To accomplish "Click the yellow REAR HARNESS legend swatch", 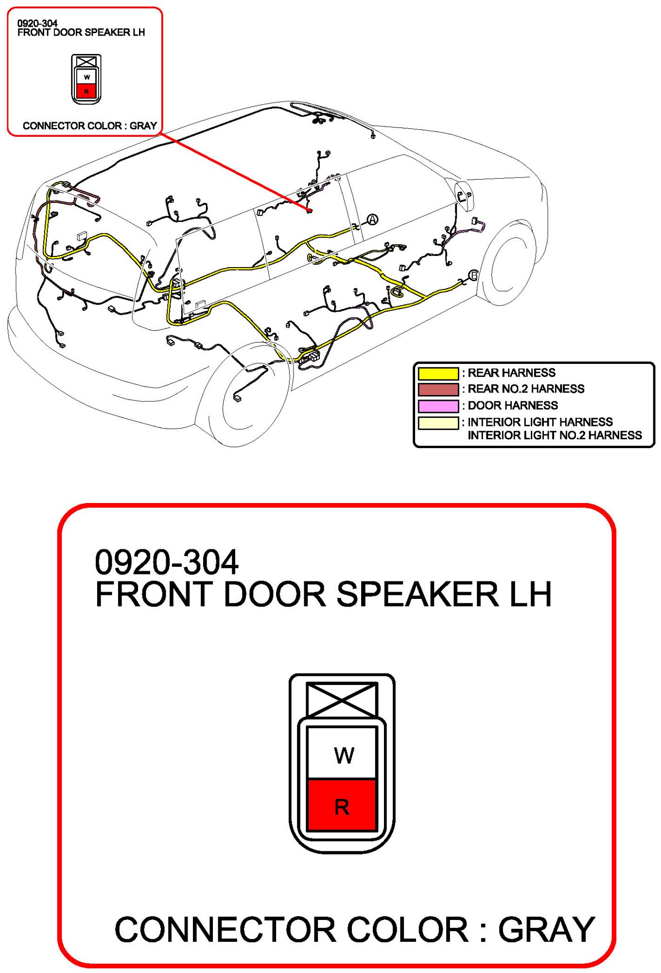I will click(438, 373).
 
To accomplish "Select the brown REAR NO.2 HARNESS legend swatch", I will click(438, 389).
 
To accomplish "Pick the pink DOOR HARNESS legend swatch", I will click(438, 406).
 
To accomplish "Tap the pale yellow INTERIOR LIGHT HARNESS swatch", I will click(438, 423).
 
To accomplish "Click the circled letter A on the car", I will click(372, 219).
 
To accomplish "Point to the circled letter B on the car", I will click(473, 276).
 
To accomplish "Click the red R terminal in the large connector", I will click(342, 807).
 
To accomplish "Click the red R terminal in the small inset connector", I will click(87, 91).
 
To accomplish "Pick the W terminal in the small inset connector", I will click(87, 77).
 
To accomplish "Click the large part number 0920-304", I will click(166, 562).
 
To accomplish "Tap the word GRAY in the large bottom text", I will click(546, 930).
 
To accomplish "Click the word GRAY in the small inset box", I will click(143, 126).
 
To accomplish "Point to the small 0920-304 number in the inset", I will click(37, 23).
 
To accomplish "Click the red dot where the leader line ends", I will click(309, 211).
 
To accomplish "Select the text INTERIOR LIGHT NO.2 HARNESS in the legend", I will click(555, 435).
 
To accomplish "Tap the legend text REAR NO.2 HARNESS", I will click(526, 389).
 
